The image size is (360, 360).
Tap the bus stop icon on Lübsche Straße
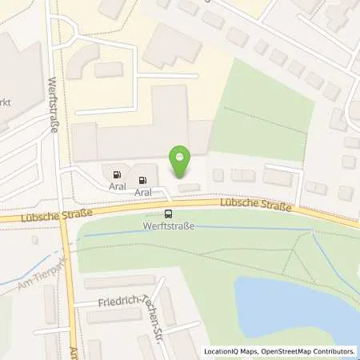coord(168,214)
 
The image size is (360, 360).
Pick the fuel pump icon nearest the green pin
coord(143,180)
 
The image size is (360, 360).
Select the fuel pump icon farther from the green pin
coord(118,174)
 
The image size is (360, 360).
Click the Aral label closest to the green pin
coord(143,192)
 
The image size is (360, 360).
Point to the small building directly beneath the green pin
coord(190,187)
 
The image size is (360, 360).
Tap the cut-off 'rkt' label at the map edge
coord(8,103)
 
